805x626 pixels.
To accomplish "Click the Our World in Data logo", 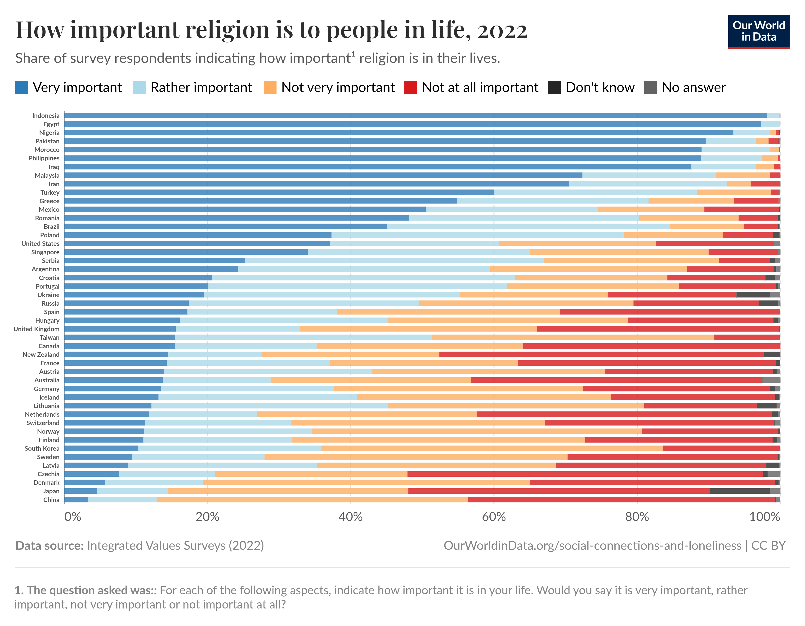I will (x=759, y=32).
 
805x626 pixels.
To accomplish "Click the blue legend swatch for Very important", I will (x=21, y=88).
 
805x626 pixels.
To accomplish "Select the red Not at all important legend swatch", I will (x=410, y=88).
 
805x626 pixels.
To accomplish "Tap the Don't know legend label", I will (x=600, y=88).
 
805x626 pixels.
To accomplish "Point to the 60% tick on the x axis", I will (x=494, y=517).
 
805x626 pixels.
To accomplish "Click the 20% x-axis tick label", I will (x=207, y=517).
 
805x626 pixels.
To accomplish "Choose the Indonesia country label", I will (x=46, y=116).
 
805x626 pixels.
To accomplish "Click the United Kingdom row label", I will (x=36, y=329).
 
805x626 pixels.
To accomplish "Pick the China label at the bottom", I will (x=51, y=500).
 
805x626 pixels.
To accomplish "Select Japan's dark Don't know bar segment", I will (x=739, y=491).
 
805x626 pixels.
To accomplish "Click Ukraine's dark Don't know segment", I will (x=753, y=295).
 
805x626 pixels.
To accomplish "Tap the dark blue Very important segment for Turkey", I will (x=279, y=192).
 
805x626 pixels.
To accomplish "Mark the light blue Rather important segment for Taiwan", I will (x=303, y=337).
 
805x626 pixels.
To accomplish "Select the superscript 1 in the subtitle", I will (x=353, y=54).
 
